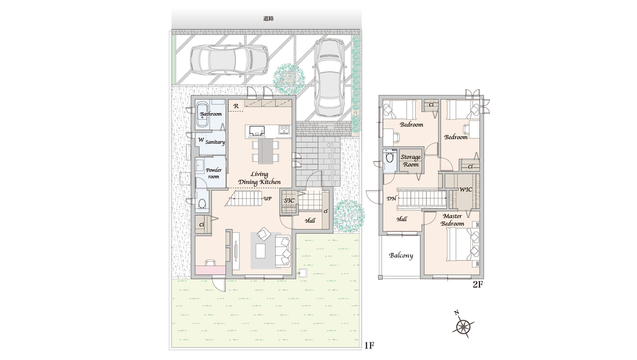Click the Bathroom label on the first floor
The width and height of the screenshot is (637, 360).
tap(211, 114)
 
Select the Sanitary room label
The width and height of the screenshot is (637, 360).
tap(216, 142)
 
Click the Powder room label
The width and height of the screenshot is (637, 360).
tap(213, 173)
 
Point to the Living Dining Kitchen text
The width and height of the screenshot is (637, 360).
tap(260, 178)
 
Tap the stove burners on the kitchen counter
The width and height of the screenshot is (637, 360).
tap(284, 130)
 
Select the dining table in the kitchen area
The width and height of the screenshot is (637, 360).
tap(265, 151)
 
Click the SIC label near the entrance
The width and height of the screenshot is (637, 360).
tap(289, 201)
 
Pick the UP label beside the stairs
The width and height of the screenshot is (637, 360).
tap(268, 199)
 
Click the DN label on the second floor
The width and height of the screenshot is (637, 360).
tap(391, 199)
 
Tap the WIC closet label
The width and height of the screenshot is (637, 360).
tap(466, 190)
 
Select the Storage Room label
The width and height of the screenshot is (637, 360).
tap(411, 161)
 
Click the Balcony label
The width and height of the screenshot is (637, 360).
tap(401, 255)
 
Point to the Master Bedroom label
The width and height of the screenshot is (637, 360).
tap(452, 220)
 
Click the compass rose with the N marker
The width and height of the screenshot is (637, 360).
tap(463, 327)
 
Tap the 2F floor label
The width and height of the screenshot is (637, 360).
tap(478, 284)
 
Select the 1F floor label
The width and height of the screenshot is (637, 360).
tap(369, 346)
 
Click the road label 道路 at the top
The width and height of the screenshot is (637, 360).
tap(269, 19)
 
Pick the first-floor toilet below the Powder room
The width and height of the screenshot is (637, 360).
tap(202, 202)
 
